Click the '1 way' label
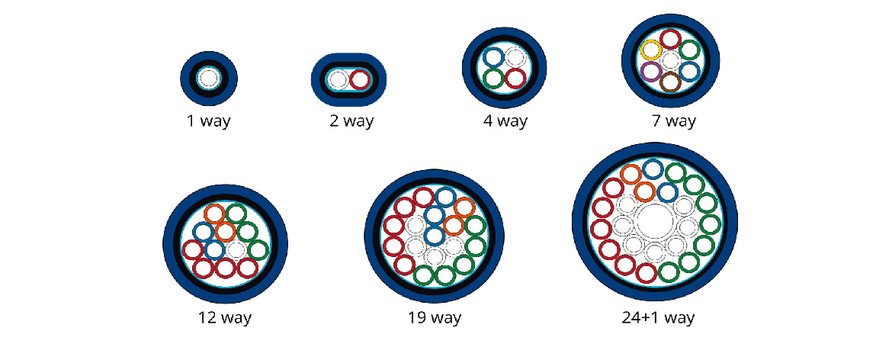pos(209,121)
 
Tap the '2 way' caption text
pos(348,121)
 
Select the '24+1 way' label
pos(658,317)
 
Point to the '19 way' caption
pos(435,317)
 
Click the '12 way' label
pos(226,317)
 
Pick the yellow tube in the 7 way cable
pos(651,51)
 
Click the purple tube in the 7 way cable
pos(650,72)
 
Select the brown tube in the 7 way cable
pos(670,82)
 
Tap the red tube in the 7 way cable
pos(670,40)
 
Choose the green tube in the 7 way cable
pos(689,50)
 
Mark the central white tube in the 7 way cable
pos(670,61)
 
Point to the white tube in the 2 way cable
pos(339,79)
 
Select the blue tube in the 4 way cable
pos(493,56)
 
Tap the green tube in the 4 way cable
pos(493,78)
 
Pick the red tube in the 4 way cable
pos(515,78)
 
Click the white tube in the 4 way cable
pos(515,56)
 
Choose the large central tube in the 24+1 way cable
pos(655,223)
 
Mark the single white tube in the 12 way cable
pos(236,249)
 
